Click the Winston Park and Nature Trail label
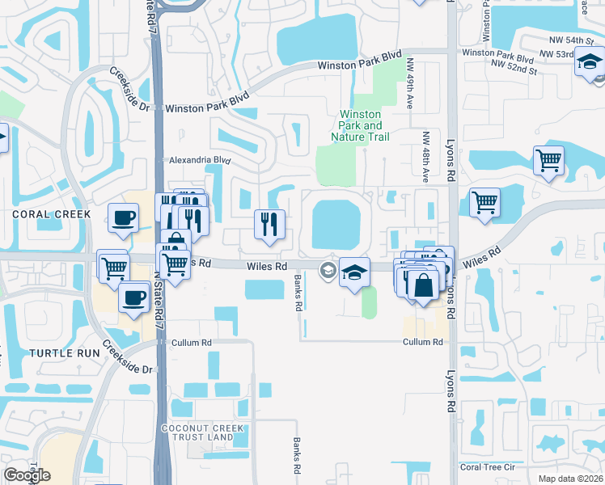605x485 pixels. [361, 126]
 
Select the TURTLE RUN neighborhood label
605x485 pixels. [65, 352]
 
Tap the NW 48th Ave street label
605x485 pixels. [424, 155]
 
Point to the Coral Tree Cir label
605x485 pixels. [486, 466]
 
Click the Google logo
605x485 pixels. [27, 475]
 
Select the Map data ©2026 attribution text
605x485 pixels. [570, 479]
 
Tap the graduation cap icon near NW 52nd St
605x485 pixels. [590, 62]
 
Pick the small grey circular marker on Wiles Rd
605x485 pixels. [328, 270]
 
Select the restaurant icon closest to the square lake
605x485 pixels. [269, 222]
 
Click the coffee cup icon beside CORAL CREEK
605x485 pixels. [123, 217]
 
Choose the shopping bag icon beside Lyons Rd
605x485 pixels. [423, 284]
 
